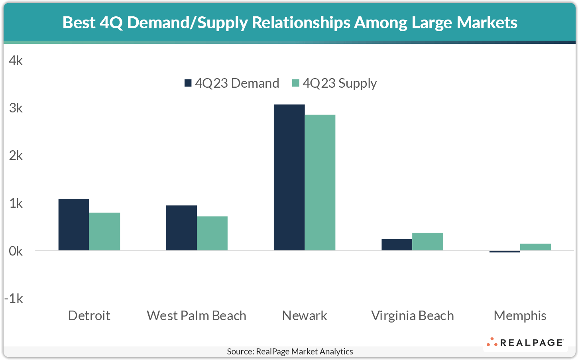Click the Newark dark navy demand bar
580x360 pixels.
[x=289, y=177]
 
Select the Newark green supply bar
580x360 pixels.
[x=320, y=183]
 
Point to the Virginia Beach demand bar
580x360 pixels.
[x=397, y=244]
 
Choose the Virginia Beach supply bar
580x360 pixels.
[x=427, y=241]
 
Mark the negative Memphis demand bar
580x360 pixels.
[x=505, y=252]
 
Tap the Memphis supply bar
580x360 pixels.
[x=535, y=247]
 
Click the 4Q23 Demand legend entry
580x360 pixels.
[x=232, y=83]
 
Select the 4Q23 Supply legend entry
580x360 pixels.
[x=334, y=83]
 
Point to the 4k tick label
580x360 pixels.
[x=16, y=61]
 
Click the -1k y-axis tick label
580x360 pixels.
[x=14, y=298]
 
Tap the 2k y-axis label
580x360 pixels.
[x=16, y=155]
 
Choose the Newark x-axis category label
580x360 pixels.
[x=304, y=315]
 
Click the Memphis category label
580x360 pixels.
[x=520, y=315]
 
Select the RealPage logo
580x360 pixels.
[x=525, y=342]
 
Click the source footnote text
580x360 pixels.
[x=290, y=351]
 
